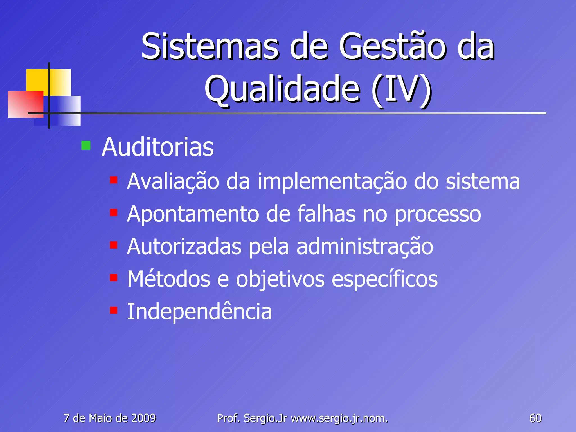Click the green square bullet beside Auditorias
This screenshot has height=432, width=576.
coord(86,145)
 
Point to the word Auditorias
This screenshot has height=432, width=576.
coord(157,147)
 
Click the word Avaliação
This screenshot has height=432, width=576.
coord(173,182)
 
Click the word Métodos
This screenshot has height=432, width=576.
coord(168,279)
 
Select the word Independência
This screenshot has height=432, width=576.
coord(199,312)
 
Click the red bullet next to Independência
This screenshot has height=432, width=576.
coord(114,310)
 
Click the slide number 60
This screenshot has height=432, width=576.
coord(535,418)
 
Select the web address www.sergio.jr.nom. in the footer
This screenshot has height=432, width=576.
coord(339,418)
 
